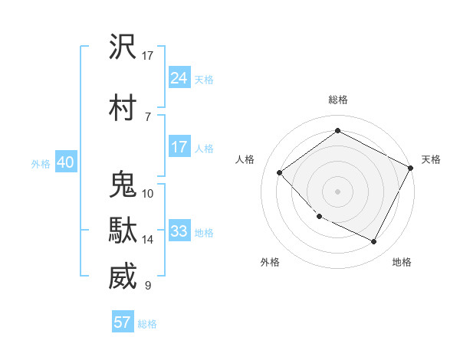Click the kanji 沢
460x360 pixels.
pyautogui.click(x=123, y=47)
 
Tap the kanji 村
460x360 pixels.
pyautogui.click(x=123, y=108)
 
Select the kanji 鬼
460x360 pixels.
pyautogui.click(x=123, y=185)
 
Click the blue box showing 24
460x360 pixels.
pyautogui.click(x=179, y=78)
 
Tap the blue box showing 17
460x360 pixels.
pyautogui.click(x=179, y=147)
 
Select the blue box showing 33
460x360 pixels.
pyautogui.click(x=179, y=231)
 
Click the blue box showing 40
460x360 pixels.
pyautogui.click(x=65, y=162)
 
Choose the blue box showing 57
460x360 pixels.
pyautogui.click(x=123, y=322)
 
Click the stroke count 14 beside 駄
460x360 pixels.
pyautogui.click(x=148, y=240)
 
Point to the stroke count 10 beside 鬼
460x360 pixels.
pyautogui.click(x=148, y=194)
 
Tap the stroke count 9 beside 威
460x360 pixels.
pyautogui.click(x=148, y=286)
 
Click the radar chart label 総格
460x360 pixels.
pyautogui.click(x=337, y=100)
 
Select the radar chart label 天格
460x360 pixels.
pyautogui.click(x=431, y=159)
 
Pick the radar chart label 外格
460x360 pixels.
pyautogui.click(x=270, y=262)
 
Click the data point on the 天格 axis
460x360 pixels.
pyautogui.click(x=412, y=168)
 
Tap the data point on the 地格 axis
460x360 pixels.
pyautogui.click(x=374, y=242)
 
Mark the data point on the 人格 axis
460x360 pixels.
pyautogui.click(x=280, y=172)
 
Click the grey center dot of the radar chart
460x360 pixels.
pyautogui.click(x=337, y=191)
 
